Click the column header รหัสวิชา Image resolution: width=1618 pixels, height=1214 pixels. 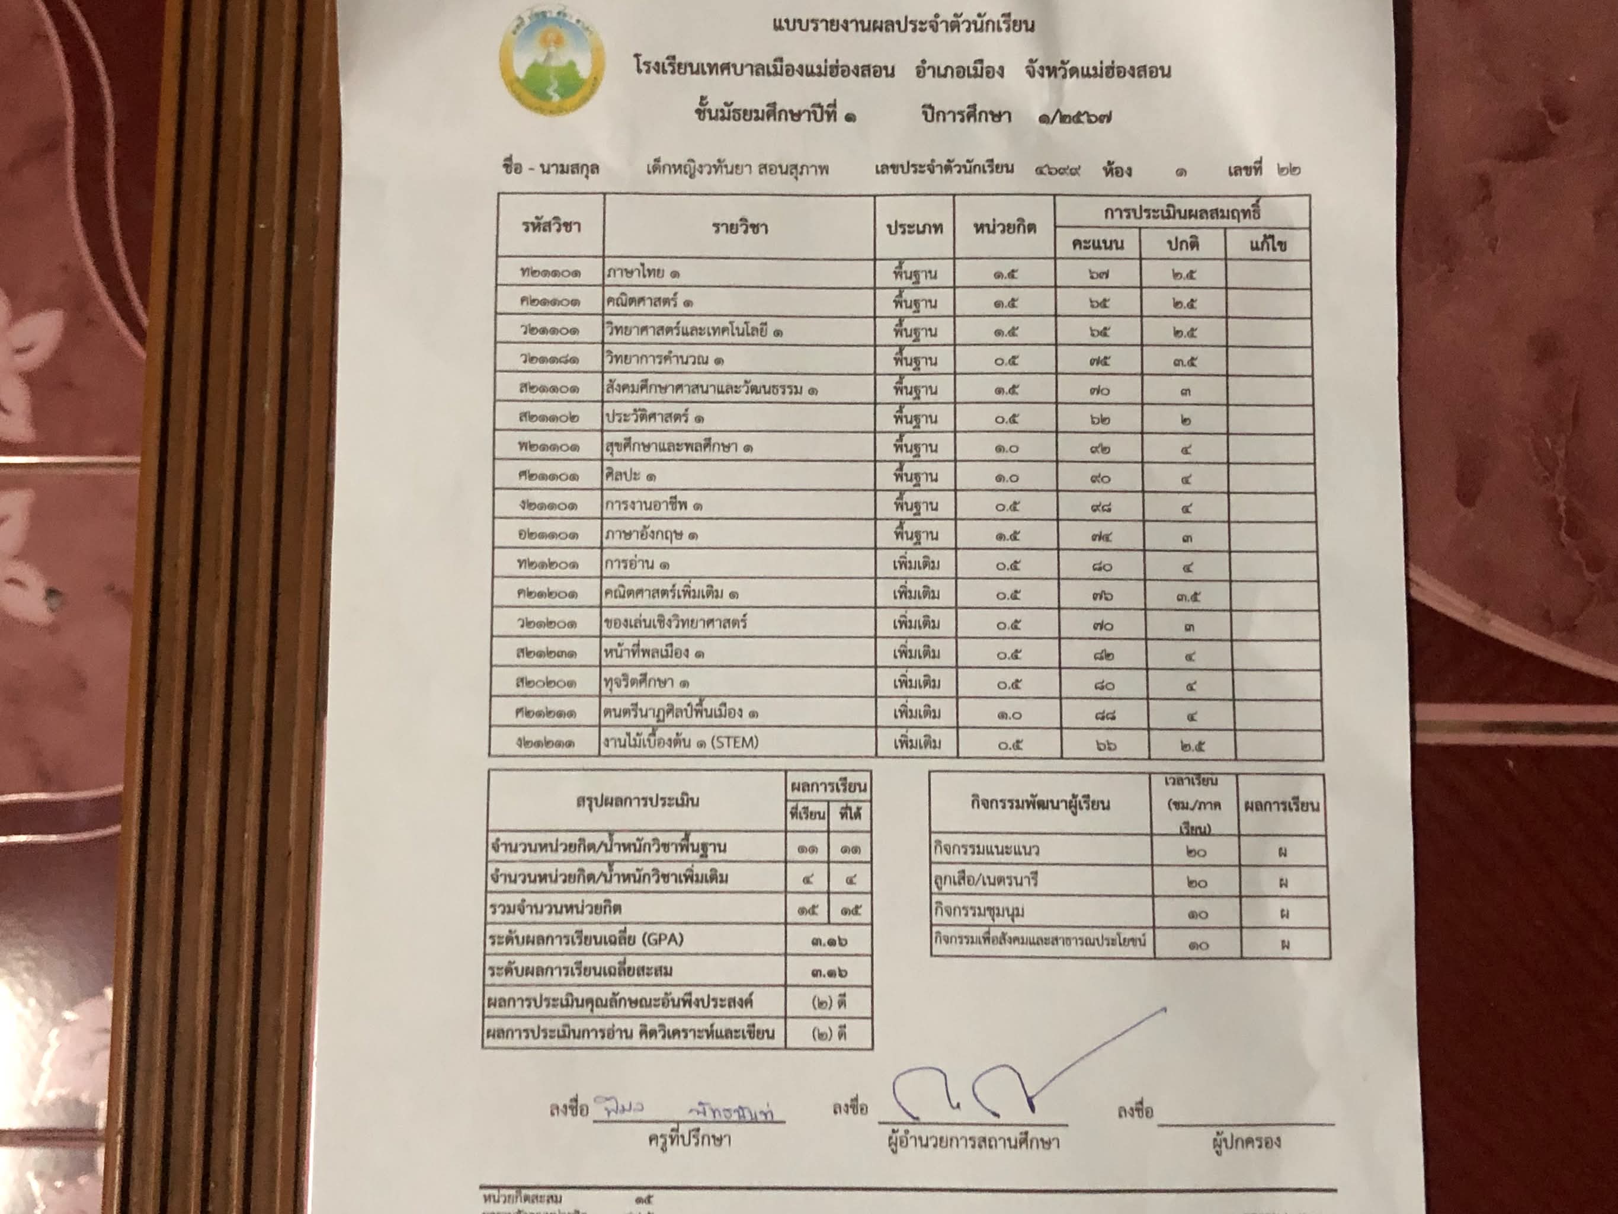tap(551, 226)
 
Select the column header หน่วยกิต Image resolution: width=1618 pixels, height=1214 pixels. tap(1004, 228)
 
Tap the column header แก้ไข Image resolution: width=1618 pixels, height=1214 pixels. tap(1268, 244)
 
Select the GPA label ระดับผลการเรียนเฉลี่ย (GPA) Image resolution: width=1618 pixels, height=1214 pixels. tap(586, 940)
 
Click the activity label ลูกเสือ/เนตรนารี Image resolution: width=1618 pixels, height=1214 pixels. tap(985, 880)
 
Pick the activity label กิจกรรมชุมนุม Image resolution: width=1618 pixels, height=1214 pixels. tap(979, 912)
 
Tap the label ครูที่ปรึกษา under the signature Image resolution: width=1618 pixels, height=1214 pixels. tap(689, 1139)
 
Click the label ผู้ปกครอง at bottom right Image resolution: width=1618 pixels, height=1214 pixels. tap(1246, 1142)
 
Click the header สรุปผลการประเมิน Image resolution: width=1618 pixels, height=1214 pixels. tap(637, 801)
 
